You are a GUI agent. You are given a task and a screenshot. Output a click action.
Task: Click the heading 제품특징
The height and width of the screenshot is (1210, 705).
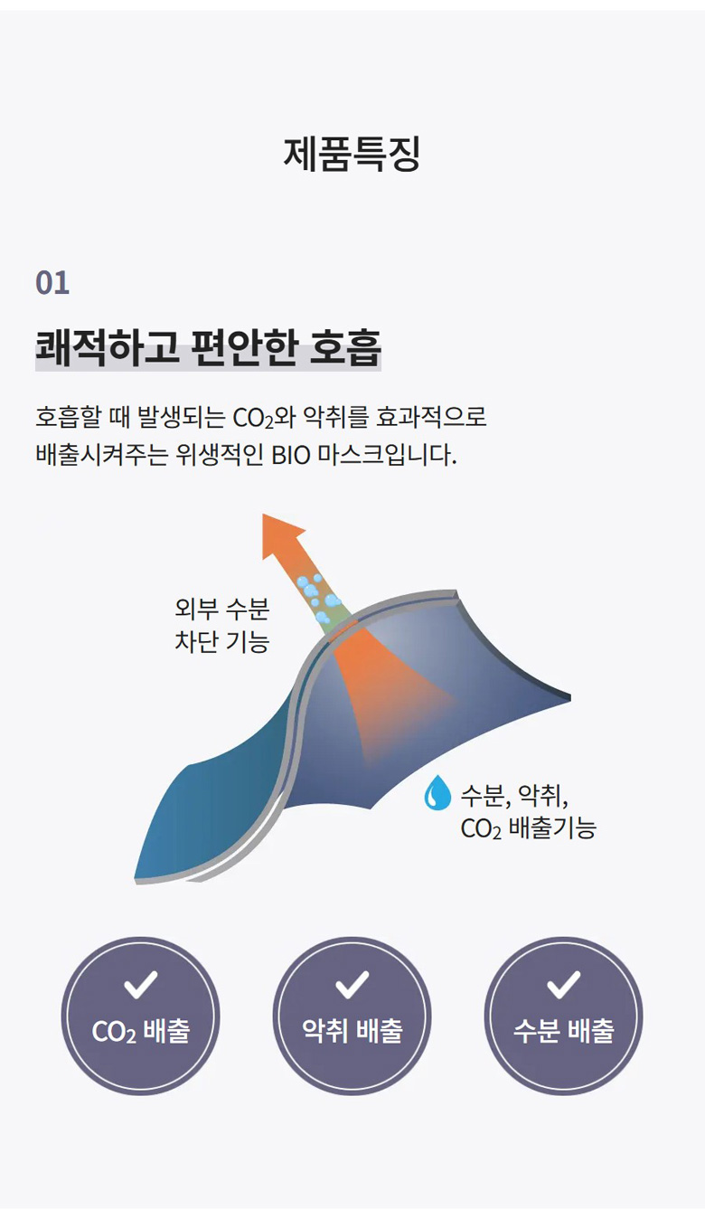click(x=352, y=155)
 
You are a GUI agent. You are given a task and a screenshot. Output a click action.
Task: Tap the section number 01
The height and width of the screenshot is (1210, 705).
click(x=52, y=283)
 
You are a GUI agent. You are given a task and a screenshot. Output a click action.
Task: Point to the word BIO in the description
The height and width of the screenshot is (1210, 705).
click(x=290, y=456)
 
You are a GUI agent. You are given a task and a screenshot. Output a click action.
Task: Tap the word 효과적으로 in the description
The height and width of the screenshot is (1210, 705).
click(x=431, y=417)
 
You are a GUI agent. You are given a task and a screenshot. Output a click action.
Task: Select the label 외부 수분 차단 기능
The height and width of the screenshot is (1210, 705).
click(x=221, y=625)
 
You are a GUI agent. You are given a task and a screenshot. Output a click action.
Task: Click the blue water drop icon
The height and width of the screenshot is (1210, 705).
click(x=437, y=792)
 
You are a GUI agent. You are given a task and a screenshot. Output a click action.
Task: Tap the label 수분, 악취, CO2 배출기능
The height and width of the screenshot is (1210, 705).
click(x=528, y=811)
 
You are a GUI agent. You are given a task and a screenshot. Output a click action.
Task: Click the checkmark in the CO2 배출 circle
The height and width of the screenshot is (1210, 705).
click(x=140, y=985)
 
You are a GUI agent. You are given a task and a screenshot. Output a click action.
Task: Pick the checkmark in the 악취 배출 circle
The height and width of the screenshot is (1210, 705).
click(x=352, y=985)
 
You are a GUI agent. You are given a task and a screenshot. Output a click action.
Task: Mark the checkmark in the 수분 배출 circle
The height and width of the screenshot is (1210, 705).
click(x=564, y=985)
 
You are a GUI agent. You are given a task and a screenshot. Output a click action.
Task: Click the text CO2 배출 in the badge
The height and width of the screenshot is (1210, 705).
click(x=141, y=1031)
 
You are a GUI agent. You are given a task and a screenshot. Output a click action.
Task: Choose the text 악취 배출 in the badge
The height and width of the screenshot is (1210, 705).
click(x=352, y=1031)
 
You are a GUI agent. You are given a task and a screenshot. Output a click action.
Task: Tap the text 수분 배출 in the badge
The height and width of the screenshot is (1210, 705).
click(x=564, y=1031)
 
